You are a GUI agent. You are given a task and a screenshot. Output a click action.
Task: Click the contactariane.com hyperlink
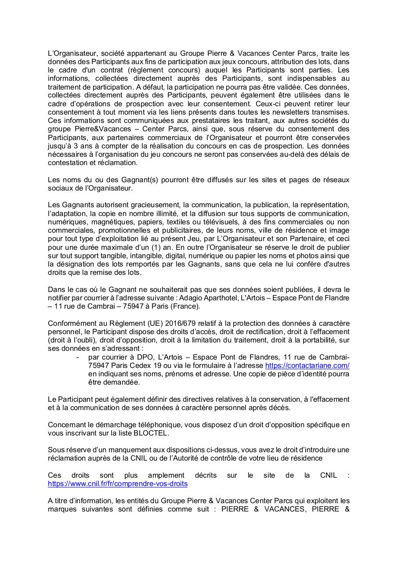click(x=307, y=365)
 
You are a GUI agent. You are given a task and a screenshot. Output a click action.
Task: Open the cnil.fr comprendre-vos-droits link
click(x=118, y=483)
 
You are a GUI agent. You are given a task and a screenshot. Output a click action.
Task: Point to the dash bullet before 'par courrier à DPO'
click(x=78, y=357)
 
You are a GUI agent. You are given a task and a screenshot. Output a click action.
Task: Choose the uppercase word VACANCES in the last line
click(x=276, y=509)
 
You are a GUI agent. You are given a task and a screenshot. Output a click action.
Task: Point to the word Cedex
click(x=140, y=365)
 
